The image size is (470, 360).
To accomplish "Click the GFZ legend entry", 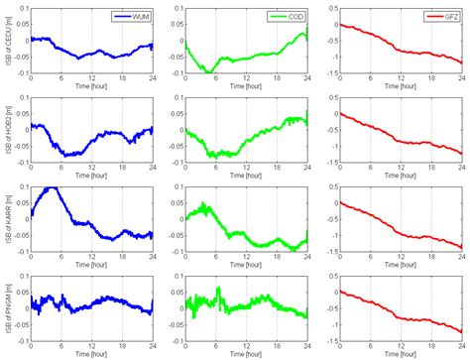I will (x=445, y=16).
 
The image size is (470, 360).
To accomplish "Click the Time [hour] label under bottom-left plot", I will (x=91, y=353).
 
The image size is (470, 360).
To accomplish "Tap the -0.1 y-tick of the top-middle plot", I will (x=171, y=72).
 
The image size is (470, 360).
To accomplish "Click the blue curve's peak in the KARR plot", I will (x=53, y=187).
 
